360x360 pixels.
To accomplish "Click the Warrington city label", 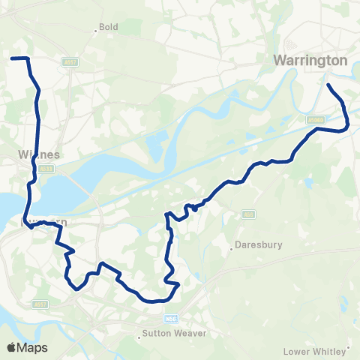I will pos(311,59).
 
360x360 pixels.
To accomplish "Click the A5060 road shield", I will pos(315,119).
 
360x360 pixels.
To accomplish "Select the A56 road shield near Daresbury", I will pos(247,214).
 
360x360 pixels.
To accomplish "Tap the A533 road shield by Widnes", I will pos(46,169).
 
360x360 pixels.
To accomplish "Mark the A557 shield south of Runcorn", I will pos(40,304).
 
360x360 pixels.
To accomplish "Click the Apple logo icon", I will pos(13,347).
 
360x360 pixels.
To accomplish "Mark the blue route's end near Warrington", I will pos(329,85).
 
